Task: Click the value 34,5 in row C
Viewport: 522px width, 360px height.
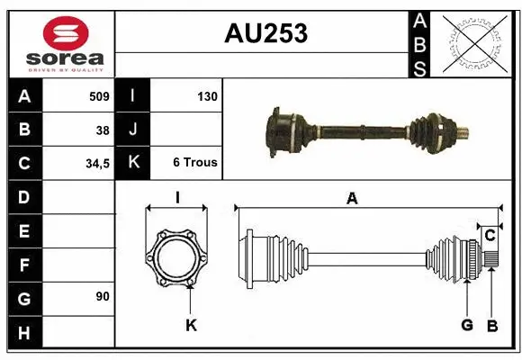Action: (97, 164)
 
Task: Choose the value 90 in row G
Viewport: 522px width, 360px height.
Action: (103, 296)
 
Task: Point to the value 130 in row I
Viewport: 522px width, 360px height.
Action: (206, 95)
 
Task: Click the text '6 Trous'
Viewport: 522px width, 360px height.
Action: (195, 163)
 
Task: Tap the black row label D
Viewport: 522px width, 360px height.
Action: (23, 196)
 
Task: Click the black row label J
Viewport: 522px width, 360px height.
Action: (133, 130)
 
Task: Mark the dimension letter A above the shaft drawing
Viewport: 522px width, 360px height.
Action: (352, 200)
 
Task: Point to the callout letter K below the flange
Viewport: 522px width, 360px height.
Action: (191, 325)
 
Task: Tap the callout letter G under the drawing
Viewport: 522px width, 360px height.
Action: (467, 325)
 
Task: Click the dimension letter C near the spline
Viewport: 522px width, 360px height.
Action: (490, 236)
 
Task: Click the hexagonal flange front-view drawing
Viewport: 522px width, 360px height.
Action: (177, 257)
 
